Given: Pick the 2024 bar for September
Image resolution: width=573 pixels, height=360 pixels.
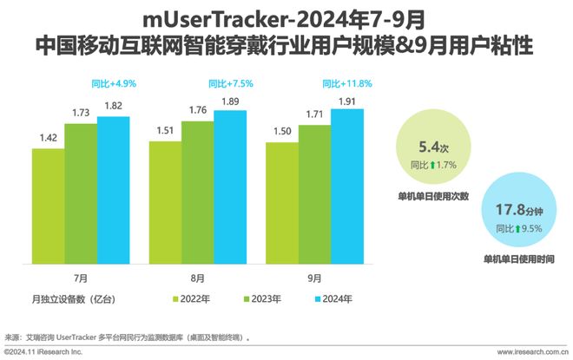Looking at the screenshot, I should (346, 186).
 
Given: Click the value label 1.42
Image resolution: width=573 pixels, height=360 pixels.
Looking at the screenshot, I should (49, 137).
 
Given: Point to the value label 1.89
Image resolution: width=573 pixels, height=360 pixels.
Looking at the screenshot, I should (230, 101).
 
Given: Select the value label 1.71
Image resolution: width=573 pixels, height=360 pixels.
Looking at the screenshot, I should (313, 114).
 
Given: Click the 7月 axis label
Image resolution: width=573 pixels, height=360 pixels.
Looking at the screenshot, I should (81, 278).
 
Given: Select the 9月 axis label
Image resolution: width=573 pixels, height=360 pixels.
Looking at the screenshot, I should (313, 278).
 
